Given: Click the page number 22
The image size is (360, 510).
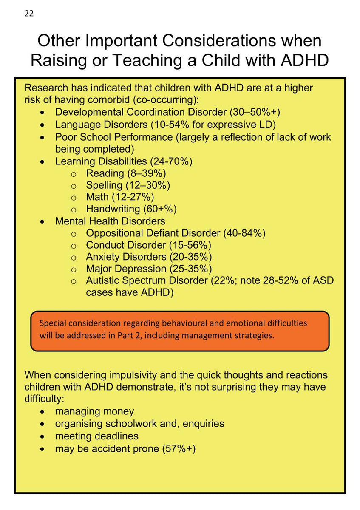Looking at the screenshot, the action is (x=29, y=14).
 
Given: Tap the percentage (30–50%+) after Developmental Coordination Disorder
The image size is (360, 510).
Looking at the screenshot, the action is (x=255, y=112).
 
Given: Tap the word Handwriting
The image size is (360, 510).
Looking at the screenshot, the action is (x=113, y=209).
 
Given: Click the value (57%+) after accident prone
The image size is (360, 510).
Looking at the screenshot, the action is (x=179, y=448).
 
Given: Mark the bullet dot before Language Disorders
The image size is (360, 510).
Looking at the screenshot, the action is (x=42, y=125).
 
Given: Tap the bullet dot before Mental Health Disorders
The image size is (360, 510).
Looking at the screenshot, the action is (x=42, y=222).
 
